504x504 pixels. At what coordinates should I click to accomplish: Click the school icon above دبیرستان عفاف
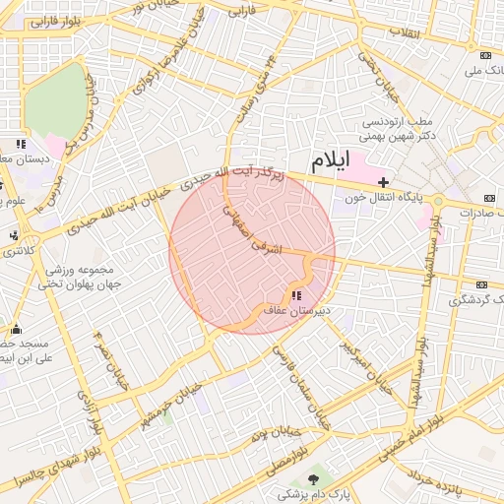pos(296,294)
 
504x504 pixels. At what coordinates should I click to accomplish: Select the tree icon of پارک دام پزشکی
pos(313,479)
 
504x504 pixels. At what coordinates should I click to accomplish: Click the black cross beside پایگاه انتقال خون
pos(383,182)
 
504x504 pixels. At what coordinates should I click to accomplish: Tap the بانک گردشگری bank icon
pos(481,284)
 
